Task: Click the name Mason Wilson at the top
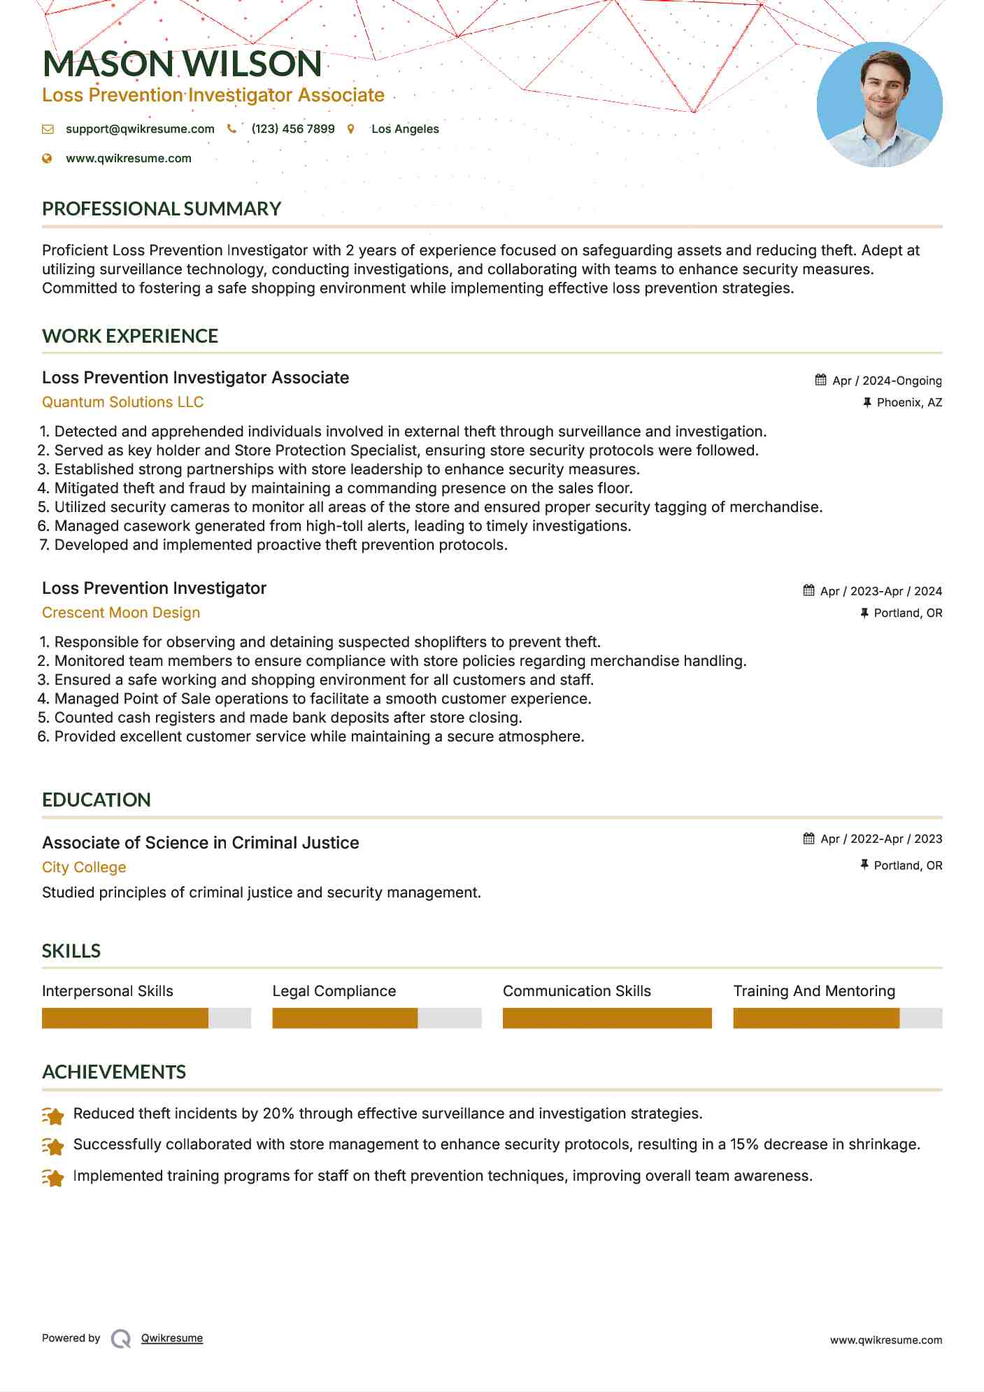point(182,64)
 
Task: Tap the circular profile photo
point(879,105)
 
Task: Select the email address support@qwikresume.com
point(140,129)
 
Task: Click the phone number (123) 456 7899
point(293,129)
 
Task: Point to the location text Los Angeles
point(405,129)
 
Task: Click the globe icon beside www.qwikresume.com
point(48,159)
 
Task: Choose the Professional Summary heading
point(162,209)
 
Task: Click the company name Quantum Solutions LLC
point(122,402)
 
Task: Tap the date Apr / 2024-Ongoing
point(887,381)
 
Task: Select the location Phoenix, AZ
point(909,403)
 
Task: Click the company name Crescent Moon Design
point(121,613)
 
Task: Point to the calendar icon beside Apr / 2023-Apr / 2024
point(809,591)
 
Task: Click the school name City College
point(84,867)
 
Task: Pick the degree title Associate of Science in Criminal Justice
point(201,843)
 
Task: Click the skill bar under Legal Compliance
point(377,1018)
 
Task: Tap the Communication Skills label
point(577,991)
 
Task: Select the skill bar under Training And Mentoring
point(837,1018)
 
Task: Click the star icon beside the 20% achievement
point(53,1115)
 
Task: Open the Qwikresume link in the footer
point(172,1338)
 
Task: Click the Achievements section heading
point(114,1072)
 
